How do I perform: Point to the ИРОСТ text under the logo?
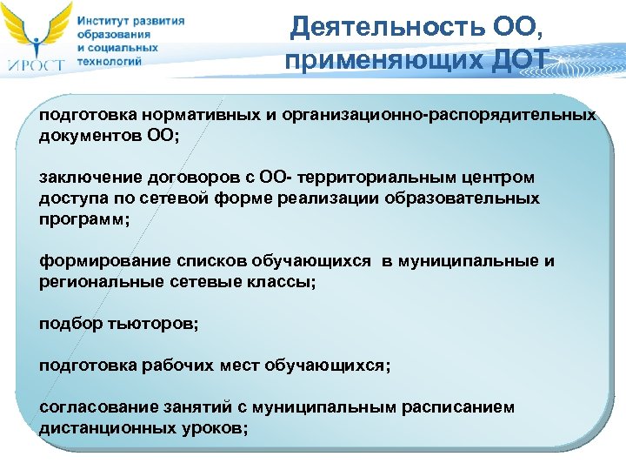37,62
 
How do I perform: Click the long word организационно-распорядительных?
455,115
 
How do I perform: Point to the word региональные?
97,282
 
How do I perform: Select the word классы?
284,282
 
